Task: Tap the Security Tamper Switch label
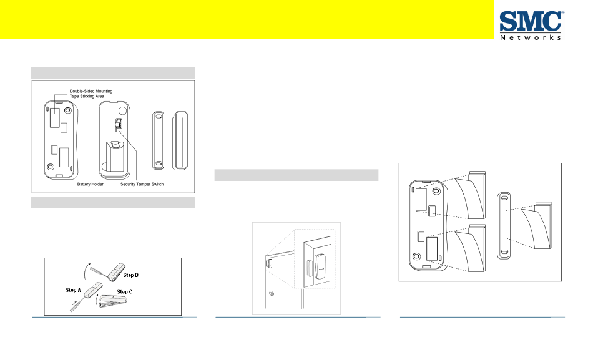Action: coord(142,184)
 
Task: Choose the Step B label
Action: coord(131,275)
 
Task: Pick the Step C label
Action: coord(125,291)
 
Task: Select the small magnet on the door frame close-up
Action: coord(309,265)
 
